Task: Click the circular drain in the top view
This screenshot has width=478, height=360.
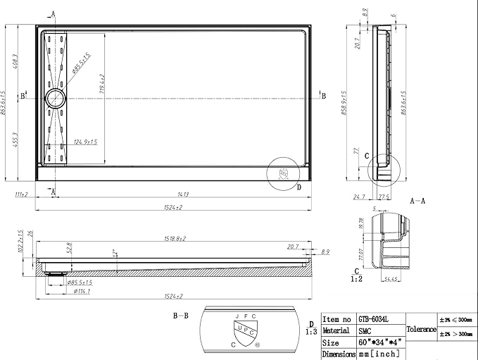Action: point(55,98)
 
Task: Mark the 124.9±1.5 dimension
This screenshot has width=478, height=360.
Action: point(86,142)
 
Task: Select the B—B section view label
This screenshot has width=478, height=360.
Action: point(182,316)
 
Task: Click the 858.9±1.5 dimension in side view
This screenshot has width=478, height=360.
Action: point(344,103)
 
